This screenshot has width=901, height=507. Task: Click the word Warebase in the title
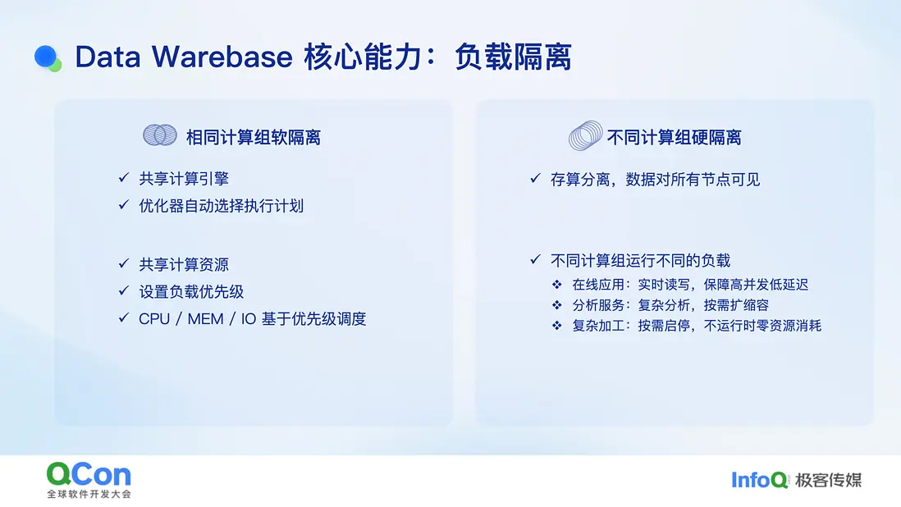point(222,57)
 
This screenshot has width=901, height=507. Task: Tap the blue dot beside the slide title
point(45,57)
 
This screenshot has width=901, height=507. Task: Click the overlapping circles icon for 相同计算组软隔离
point(160,135)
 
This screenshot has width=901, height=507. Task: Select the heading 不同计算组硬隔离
point(674,137)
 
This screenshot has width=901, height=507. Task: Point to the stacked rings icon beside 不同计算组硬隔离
point(586,135)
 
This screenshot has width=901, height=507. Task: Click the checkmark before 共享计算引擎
point(124,177)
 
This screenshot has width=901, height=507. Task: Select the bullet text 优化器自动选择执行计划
point(222,206)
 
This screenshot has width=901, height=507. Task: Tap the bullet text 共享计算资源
point(184,265)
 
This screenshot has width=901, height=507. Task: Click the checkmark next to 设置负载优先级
point(124,290)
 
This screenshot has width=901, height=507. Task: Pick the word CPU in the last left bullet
point(154,319)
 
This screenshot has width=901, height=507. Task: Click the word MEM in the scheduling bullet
point(205,319)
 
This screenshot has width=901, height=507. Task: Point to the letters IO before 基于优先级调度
point(249,319)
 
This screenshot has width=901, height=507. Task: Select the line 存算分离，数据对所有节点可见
point(655,180)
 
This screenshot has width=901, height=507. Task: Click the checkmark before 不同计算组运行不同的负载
point(535,259)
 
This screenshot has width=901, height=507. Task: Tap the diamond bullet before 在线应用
point(557,284)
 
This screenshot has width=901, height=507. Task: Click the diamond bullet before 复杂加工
point(557,326)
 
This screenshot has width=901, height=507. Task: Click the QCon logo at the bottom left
point(89,480)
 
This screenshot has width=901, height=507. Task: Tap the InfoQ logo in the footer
point(760,479)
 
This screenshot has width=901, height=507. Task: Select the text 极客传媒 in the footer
point(829,480)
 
